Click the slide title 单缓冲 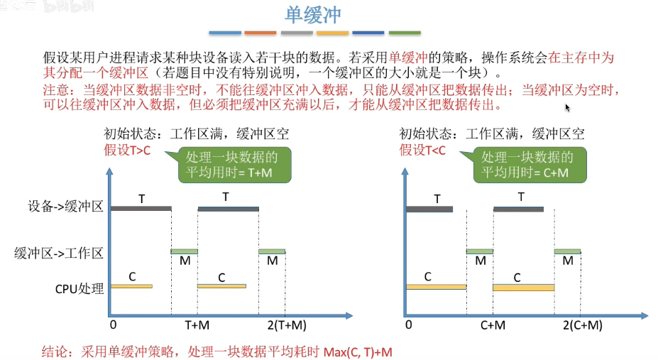click(x=315, y=15)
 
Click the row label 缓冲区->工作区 click(x=59, y=252)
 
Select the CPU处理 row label click(x=79, y=288)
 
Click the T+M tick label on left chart click(x=197, y=325)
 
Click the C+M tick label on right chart click(x=492, y=325)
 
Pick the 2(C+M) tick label click(x=583, y=325)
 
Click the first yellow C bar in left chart click(x=131, y=286)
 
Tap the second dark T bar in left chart click(x=228, y=209)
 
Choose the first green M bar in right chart click(x=480, y=251)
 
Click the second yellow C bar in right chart click(x=523, y=288)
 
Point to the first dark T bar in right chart click(x=429, y=209)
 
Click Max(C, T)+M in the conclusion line click(x=358, y=351)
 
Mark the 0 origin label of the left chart click(x=113, y=325)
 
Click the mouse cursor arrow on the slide click(x=567, y=108)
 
